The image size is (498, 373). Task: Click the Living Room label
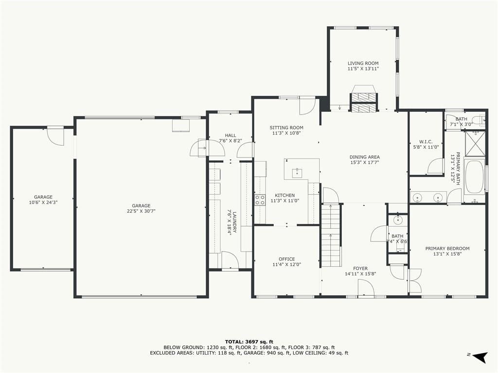363,63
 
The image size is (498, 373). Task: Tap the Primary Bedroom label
447,248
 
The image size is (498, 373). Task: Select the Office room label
287,259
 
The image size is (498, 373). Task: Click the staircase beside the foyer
331,235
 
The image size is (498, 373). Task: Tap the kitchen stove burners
260,200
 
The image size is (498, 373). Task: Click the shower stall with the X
475,143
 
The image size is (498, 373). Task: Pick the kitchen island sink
297,172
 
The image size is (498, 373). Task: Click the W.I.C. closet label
426,142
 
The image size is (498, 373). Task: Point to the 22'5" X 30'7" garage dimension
141,211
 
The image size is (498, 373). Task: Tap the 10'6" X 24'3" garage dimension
43,202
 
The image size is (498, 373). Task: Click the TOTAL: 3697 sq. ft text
249,341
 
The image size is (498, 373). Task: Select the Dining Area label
365,157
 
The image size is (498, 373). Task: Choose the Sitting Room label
286,128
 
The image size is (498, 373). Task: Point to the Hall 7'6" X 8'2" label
230,138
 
